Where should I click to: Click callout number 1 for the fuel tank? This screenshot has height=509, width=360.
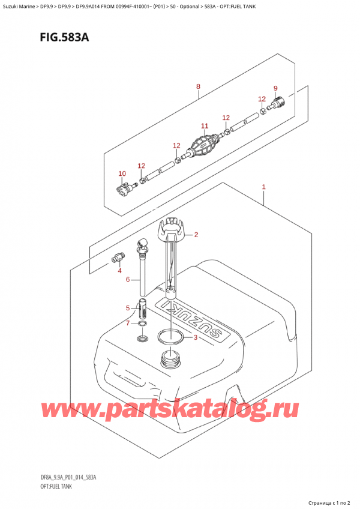(263, 188)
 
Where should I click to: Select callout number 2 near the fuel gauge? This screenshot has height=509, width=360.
(196, 234)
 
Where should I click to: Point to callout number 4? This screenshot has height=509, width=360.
(127, 309)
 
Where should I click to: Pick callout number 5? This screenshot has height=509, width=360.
(127, 280)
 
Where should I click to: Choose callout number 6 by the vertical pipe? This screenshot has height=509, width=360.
(127, 324)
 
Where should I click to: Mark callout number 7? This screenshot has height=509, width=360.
(198, 86)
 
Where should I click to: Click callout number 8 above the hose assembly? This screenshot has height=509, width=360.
(275, 89)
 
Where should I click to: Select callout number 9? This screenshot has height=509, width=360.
(122, 174)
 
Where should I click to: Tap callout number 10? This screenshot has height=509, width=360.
(204, 126)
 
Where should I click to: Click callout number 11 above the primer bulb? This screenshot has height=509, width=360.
(203, 146)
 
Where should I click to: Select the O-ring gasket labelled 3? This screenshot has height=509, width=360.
(170, 337)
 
